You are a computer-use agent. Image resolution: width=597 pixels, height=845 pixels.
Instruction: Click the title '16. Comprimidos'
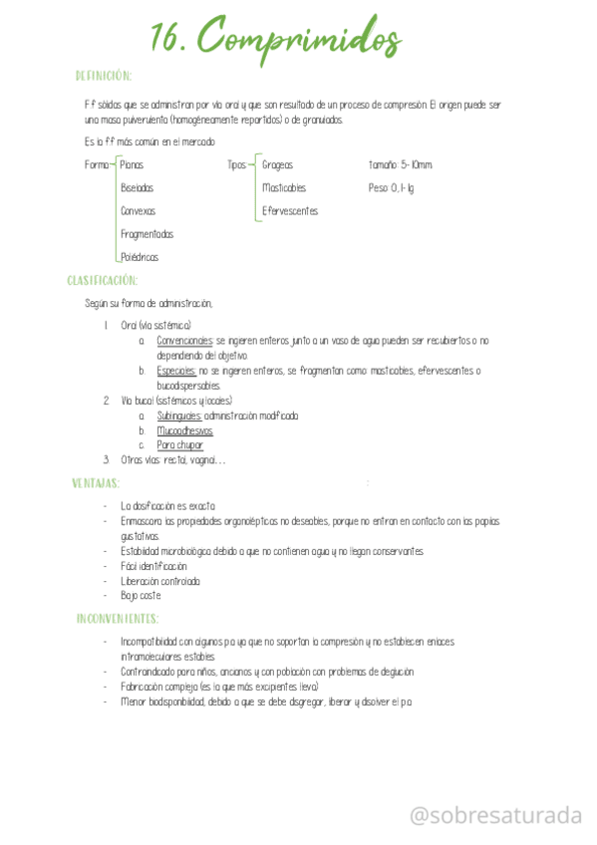(275, 41)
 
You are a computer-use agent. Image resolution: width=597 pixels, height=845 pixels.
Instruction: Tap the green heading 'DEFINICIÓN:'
(104, 76)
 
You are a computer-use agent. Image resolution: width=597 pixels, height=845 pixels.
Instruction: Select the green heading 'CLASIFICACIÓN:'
(103, 280)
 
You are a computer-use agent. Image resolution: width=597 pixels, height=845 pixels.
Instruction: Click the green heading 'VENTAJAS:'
(96, 483)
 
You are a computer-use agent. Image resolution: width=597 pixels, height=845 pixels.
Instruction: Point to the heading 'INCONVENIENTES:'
(118, 619)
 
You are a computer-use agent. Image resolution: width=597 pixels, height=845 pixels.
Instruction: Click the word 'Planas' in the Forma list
(133, 164)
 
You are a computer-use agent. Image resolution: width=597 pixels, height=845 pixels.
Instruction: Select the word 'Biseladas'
(138, 187)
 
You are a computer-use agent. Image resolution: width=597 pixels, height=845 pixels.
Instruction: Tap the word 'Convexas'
(138, 211)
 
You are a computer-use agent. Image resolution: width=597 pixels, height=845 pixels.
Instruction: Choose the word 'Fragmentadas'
(147, 234)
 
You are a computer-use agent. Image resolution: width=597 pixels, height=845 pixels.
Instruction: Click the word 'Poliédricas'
(140, 257)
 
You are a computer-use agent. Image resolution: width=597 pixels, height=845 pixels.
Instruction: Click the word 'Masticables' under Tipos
(284, 187)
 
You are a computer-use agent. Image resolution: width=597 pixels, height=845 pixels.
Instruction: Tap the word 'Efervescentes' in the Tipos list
(290, 211)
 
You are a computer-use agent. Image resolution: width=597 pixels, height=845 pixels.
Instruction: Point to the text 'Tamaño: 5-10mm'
(401, 164)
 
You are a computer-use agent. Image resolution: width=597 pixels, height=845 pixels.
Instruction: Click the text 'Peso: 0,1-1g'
(391, 187)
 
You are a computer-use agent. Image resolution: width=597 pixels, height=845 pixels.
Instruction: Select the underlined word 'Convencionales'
(185, 341)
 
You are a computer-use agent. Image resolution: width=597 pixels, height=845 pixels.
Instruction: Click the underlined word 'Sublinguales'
(179, 416)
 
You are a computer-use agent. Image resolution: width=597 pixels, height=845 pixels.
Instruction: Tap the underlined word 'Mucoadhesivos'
(184, 430)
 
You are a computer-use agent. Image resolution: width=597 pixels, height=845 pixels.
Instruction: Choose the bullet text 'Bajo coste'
(141, 596)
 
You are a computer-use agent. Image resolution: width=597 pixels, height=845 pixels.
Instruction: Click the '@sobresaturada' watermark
(496, 816)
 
